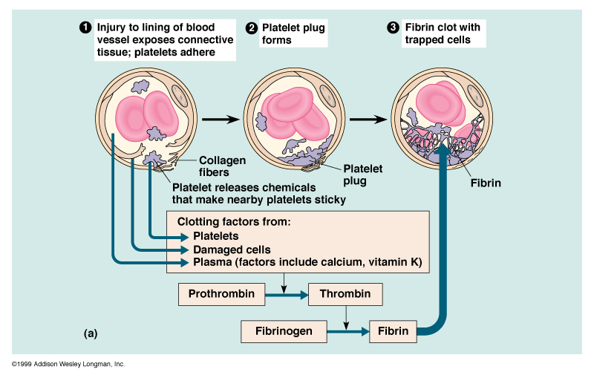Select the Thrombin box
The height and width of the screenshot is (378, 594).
pyautogui.click(x=345, y=294)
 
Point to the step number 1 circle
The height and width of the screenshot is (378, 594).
pyautogui.click(x=85, y=28)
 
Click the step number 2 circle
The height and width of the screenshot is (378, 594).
pyautogui.click(x=252, y=28)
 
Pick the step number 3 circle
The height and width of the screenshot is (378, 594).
pyautogui.click(x=394, y=28)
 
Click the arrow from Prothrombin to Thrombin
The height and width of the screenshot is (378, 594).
pyautogui.click(x=286, y=295)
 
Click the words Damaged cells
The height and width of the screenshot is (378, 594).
pyautogui.click(x=232, y=250)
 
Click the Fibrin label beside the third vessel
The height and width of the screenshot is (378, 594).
pyautogui.click(x=486, y=181)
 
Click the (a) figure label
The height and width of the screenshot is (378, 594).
pyautogui.click(x=91, y=333)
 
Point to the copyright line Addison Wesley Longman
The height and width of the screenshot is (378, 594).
pyautogui.click(x=68, y=365)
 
